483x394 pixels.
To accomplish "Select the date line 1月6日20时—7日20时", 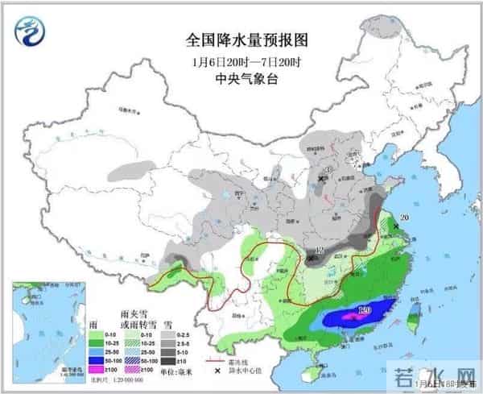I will click(241, 61).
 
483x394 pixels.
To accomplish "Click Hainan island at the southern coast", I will click(303, 375).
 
